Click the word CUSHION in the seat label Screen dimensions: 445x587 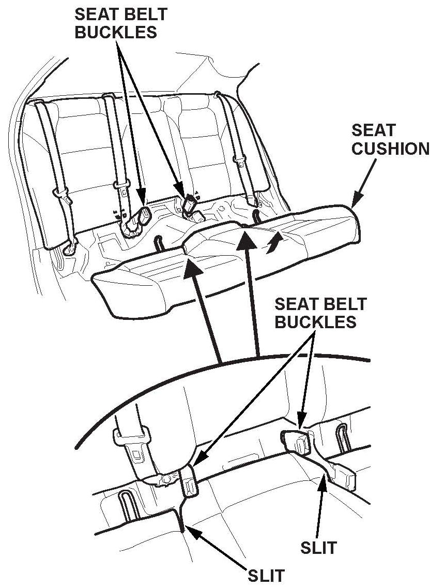click(391, 149)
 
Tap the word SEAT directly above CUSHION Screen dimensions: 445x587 click(373, 130)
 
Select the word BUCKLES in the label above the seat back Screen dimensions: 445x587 click(116, 32)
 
